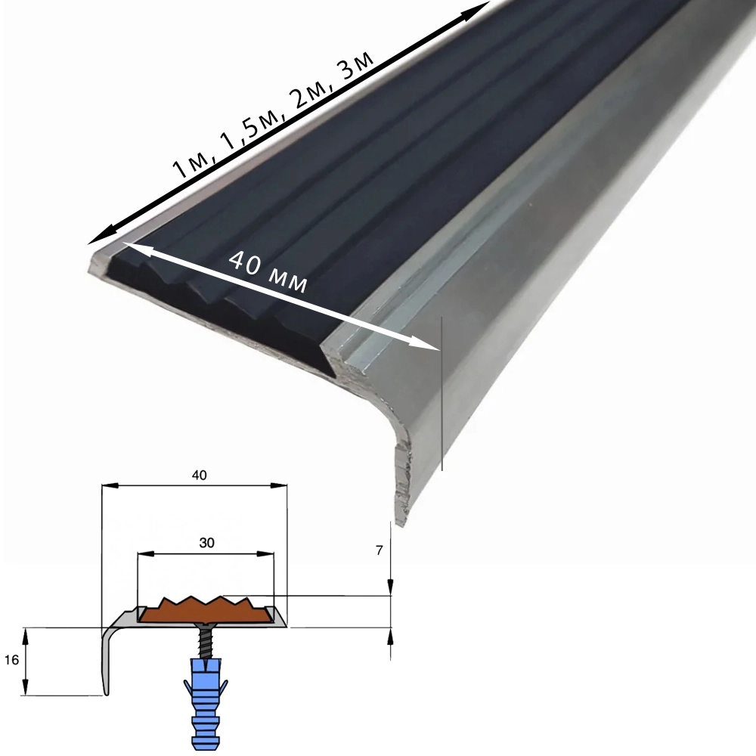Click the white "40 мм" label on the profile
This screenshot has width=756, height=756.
[x=268, y=272]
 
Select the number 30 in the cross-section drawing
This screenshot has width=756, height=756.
[x=206, y=543]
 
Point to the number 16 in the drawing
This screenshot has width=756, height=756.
[x=11, y=659]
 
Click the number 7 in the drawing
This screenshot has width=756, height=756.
[x=379, y=550]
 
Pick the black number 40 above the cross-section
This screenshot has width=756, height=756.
[x=199, y=476]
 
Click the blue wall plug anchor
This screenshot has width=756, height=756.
[x=206, y=704]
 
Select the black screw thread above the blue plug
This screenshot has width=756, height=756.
[x=206, y=642]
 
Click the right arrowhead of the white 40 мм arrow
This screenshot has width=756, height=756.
[x=430, y=345]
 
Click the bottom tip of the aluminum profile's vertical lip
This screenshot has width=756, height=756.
[x=400, y=524]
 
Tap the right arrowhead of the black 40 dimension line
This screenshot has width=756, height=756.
[x=279, y=486]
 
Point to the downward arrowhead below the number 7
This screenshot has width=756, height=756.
[x=390, y=587]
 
